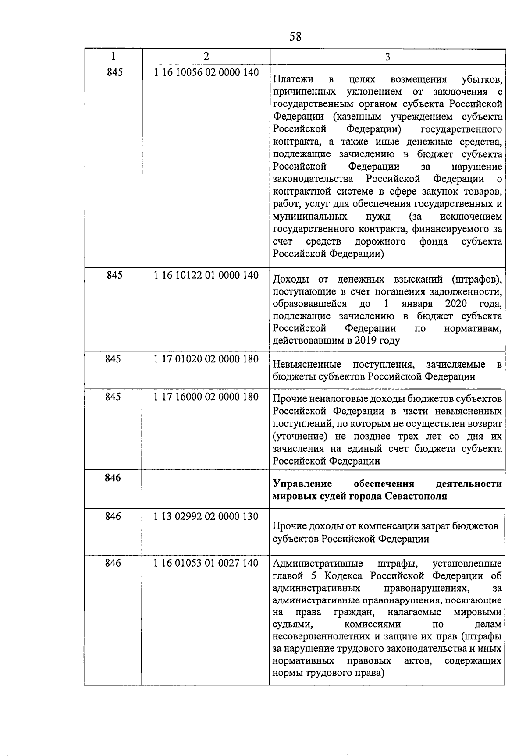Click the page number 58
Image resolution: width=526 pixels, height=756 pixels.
295,37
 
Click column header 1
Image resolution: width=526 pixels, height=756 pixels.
114,56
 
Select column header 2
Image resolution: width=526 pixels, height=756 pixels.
206,56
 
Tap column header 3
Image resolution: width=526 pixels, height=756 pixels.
387,57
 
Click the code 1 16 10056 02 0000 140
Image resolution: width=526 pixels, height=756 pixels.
206,72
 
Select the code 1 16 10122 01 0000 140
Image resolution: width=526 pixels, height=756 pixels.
206,275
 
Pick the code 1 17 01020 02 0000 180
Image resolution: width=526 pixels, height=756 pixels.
206,359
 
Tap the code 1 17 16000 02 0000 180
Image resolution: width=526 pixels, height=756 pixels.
206,397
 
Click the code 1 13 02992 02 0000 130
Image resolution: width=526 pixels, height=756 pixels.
206,516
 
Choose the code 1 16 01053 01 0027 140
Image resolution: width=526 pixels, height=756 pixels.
206,563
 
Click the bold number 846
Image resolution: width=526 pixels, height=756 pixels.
113,478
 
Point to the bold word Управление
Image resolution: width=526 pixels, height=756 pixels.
302,484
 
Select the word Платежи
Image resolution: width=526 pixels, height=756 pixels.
293,79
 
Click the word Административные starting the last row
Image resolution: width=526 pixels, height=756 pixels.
317,563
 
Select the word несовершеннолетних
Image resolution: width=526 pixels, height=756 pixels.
321,636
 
